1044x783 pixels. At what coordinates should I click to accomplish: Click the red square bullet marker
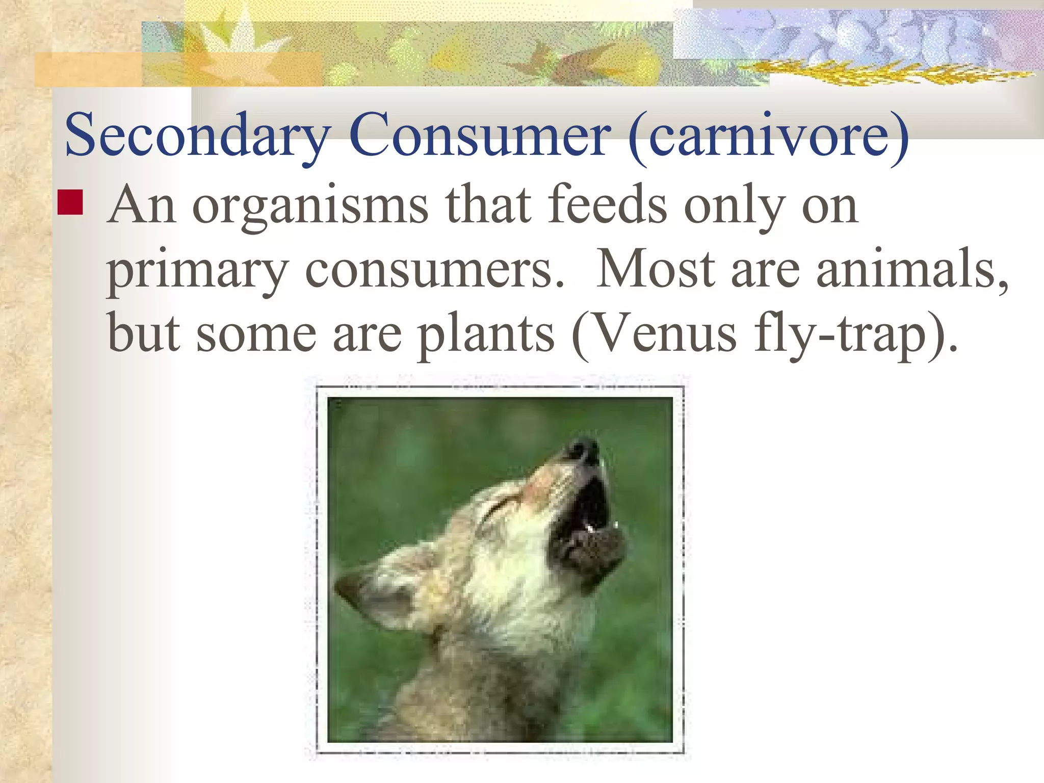70,202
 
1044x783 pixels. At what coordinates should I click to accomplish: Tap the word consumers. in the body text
435,271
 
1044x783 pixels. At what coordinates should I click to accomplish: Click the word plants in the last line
486,335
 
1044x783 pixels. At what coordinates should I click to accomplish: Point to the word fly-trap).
856,335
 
